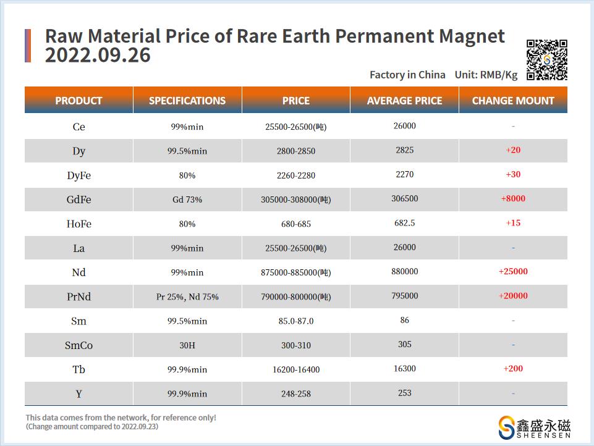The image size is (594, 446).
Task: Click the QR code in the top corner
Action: coord(546,60)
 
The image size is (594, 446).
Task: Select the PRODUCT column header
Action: coord(78,101)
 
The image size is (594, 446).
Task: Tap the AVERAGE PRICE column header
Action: coord(404,101)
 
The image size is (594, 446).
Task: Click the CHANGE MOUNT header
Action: coord(513,101)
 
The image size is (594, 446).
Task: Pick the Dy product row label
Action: coord(78,151)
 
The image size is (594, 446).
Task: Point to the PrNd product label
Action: coord(78,297)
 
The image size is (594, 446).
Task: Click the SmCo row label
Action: coord(78,345)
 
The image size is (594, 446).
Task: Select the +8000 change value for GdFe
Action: coord(513,198)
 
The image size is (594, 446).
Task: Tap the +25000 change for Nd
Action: coord(513,271)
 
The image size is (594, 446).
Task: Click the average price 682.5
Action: coord(404,222)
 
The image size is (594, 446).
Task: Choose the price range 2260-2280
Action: coord(296,175)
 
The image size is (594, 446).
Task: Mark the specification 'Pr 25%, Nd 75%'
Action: coord(187,297)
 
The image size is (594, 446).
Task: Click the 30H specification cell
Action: coord(187,345)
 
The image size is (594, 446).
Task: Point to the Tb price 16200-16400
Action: coord(296,369)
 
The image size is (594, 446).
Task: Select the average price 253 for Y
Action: coord(404,393)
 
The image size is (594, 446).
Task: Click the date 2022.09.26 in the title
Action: coord(98,56)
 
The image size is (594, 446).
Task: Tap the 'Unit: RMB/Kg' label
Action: coord(486,75)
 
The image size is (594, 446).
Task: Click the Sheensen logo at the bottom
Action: coord(534,427)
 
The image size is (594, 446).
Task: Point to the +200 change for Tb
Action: coord(513,369)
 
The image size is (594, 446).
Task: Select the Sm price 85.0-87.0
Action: coord(296,321)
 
